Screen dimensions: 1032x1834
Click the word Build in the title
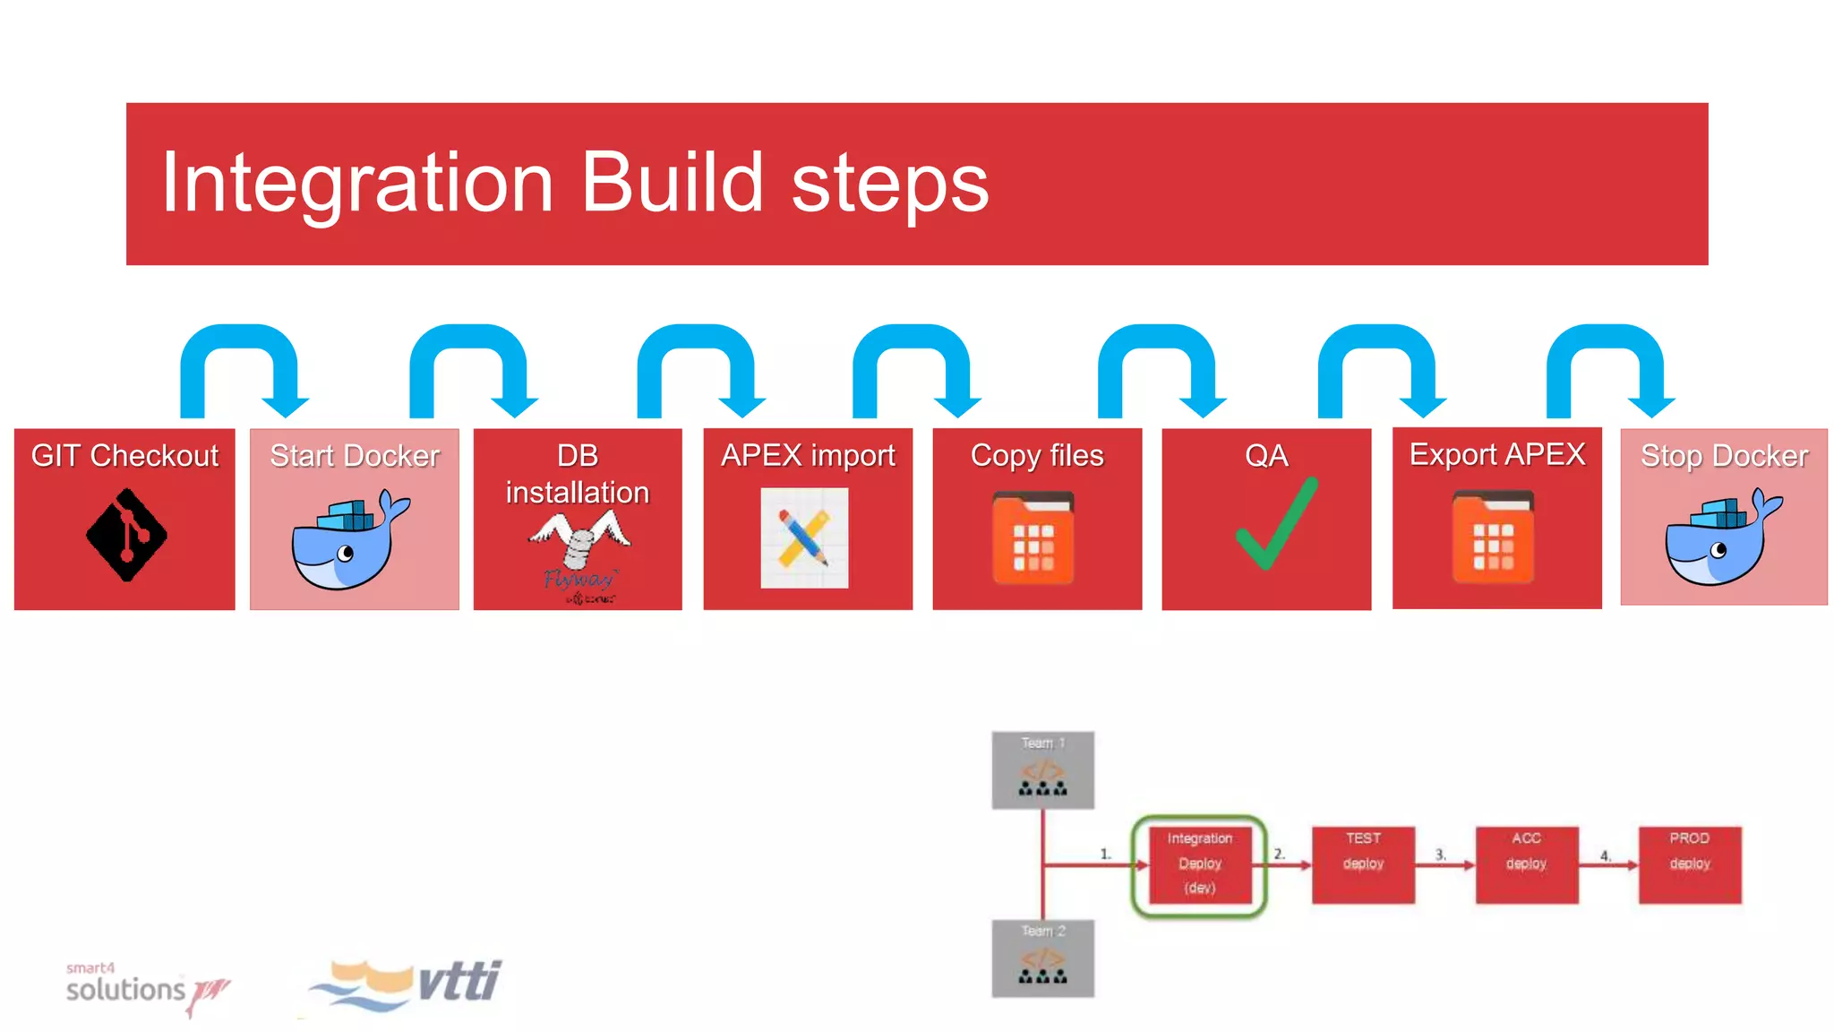[672, 184]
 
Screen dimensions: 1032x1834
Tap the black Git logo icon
[126, 535]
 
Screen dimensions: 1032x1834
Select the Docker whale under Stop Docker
[1721, 538]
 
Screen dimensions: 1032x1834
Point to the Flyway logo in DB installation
[578, 556]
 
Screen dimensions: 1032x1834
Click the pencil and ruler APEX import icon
[804, 537]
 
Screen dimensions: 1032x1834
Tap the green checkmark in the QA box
[1275, 524]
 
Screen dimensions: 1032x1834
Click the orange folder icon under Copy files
[1033, 538]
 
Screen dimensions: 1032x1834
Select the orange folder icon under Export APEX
[1493, 537]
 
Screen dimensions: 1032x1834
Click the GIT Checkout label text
[124, 456]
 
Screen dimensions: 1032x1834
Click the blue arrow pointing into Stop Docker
[1608, 367]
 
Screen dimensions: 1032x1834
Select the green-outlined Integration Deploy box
[1199, 864]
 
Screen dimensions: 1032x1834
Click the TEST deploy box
[1363, 864]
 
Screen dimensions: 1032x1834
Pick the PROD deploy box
[1690, 864]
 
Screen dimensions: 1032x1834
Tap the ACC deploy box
[1526, 864]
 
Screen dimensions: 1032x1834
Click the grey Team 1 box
[1042, 770]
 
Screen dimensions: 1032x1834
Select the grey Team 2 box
[1042, 958]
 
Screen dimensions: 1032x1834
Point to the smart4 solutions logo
[143, 988]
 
